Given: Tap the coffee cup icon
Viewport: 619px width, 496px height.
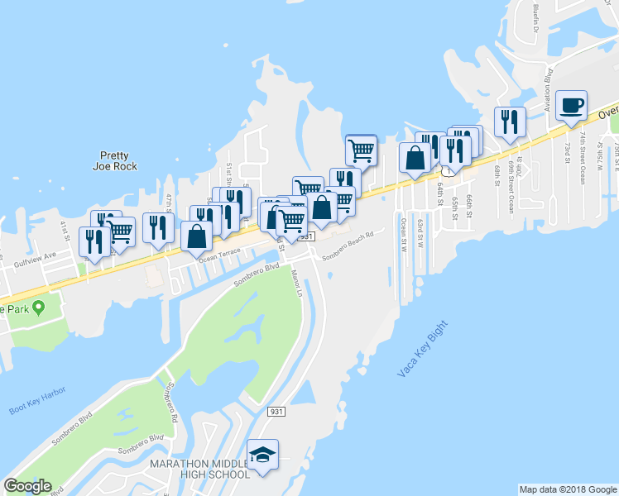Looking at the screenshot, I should (x=571, y=106).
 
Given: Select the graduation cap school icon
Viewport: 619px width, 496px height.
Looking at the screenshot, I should (x=263, y=455).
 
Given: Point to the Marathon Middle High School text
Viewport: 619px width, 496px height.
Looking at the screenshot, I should (x=199, y=469).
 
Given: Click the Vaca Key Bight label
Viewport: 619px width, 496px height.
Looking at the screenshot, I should (x=422, y=348).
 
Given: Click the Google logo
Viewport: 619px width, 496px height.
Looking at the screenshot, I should (x=27, y=486).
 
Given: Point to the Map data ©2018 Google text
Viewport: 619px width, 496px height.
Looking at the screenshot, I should (x=568, y=489).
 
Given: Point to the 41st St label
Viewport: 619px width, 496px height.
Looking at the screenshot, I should (x=64, y=226).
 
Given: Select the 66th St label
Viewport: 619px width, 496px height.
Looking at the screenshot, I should (x=468, y=203).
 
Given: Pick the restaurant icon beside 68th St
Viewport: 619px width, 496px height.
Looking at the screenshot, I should (x=510, y=122).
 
